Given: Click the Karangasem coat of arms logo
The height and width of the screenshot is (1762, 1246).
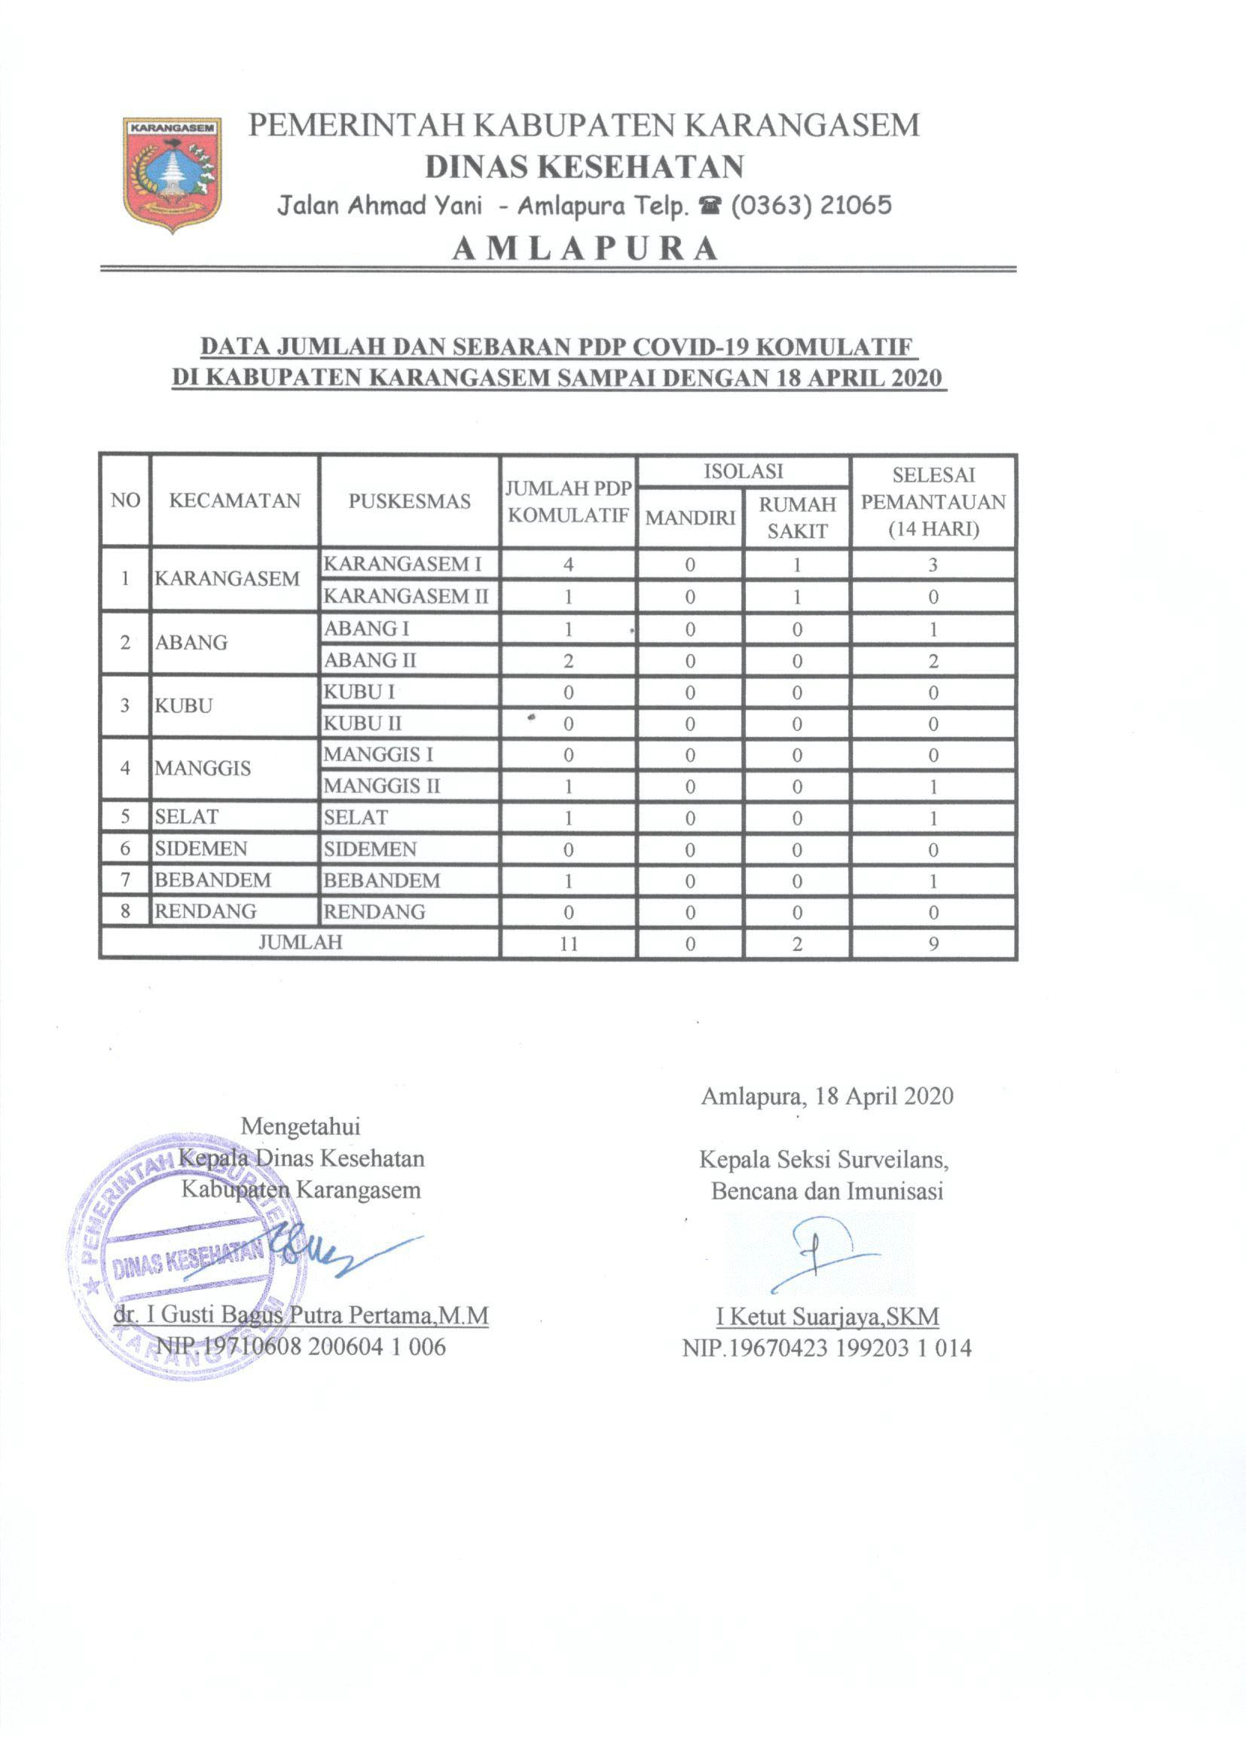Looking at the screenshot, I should point(172,173).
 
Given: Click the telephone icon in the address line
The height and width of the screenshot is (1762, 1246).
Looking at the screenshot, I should point(710,206).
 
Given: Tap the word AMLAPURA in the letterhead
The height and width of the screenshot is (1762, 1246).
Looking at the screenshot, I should point(585,249).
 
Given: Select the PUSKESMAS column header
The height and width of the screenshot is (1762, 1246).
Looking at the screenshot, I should point(409,501).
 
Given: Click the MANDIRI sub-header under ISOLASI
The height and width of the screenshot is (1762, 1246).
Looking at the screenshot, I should point(690,518).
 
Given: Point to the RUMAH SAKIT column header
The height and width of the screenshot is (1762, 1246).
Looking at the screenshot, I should point(797,517).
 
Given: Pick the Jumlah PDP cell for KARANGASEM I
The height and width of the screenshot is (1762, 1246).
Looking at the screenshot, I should point(569,564).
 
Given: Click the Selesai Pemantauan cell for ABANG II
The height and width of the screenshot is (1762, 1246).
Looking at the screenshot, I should point(933,661).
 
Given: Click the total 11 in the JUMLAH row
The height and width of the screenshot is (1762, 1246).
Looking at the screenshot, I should point(569,944).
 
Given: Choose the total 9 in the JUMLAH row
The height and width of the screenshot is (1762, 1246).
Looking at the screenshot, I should point(933,944).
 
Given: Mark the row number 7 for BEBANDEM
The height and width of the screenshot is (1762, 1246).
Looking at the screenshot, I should point(125,880).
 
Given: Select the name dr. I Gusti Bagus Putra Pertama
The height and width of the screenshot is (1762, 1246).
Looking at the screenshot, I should point(301,1315).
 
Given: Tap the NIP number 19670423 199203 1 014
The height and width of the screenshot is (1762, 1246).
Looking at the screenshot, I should point(826,1348).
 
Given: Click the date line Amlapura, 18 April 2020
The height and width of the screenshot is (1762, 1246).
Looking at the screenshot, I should point(827,1096).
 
